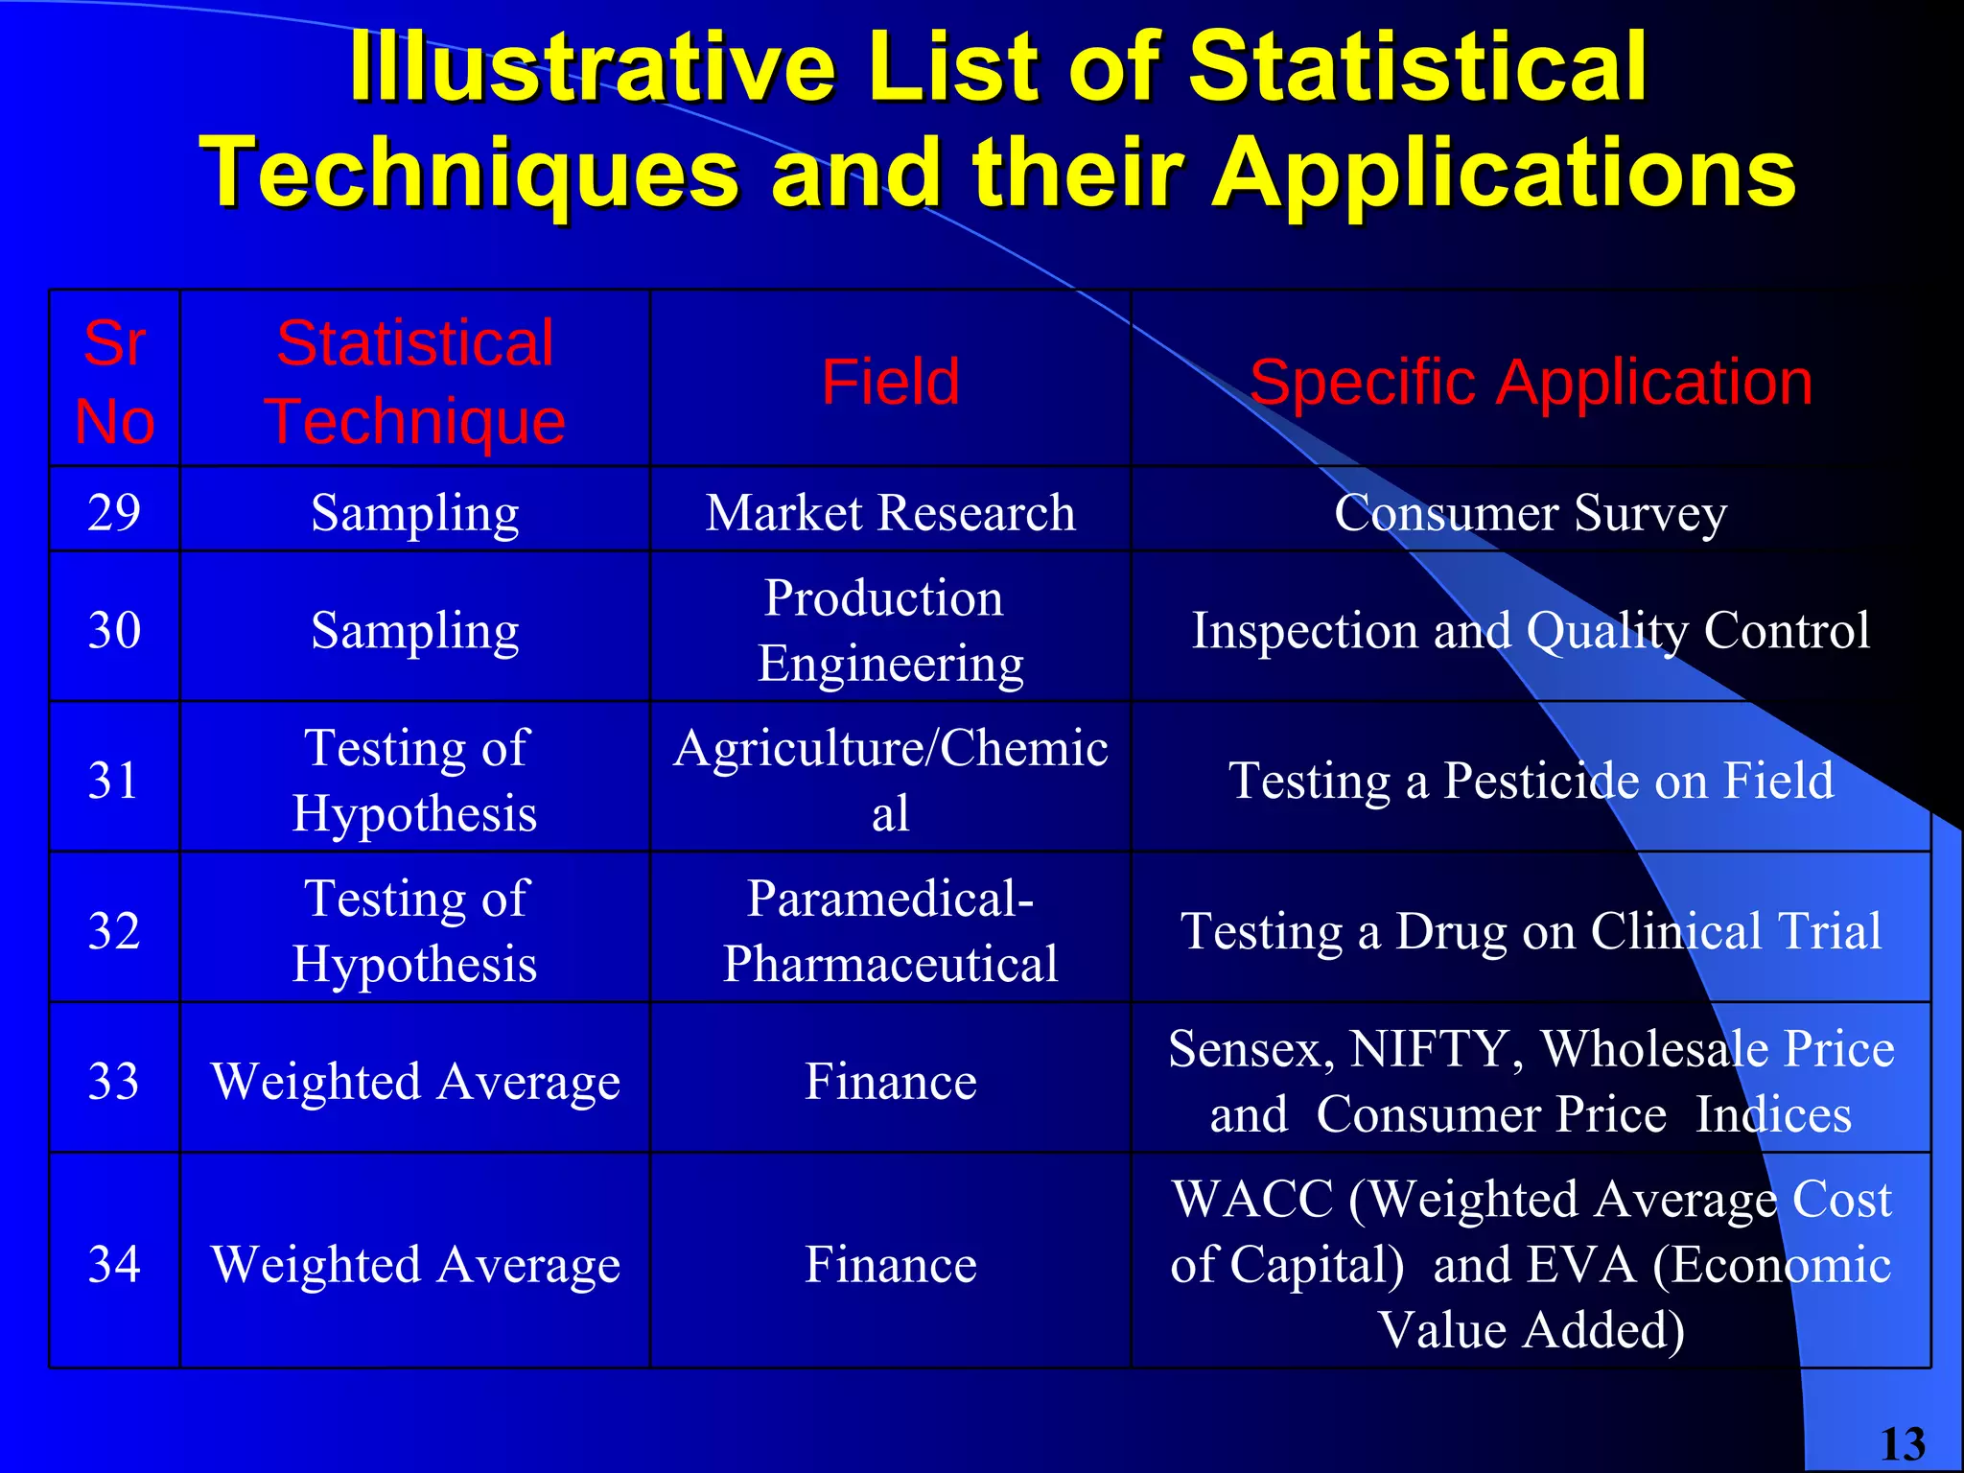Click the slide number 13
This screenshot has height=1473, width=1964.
point(1903,1444)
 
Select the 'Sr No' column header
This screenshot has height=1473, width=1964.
point(114,382)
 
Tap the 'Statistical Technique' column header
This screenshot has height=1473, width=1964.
point(414,382)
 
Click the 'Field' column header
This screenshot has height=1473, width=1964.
point(890,382)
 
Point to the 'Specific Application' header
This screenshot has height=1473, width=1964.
point(1531,382)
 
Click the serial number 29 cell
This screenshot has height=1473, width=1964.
point(114,512)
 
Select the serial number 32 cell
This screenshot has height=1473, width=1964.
point(114,930)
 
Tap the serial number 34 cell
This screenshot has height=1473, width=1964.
point(114,1264)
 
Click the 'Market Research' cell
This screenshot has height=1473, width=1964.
point(890,512)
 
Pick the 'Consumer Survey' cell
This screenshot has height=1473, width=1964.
point(1531,512)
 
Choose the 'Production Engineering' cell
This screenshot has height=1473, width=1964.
point(890,630)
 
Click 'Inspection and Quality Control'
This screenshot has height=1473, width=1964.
point(1531,630)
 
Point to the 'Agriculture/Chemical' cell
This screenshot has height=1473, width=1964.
point(890,780)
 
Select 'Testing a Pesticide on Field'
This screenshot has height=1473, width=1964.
point(1531,780)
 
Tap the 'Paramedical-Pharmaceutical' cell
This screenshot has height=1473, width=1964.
point(890,930)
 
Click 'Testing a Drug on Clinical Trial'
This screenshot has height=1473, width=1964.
point(1531,930)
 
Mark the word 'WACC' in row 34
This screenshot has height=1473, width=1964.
point(1252,1199)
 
